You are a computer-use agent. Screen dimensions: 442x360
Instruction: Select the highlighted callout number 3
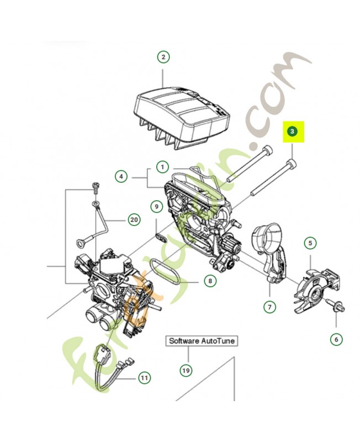pos(293,132)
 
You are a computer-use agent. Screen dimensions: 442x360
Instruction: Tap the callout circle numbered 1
pos(163,166)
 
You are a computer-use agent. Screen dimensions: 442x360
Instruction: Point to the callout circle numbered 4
pos(121,177)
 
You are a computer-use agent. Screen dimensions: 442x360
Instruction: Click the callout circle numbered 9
pos(157,207)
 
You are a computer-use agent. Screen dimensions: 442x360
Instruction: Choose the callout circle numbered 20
pos(133,219)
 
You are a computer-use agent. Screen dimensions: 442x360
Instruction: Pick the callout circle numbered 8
pos(210,281)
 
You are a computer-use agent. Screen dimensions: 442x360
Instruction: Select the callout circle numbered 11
pos(144,378)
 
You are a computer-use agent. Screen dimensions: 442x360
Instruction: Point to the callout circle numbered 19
pos(186,370)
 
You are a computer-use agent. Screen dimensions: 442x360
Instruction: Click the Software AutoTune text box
pos(202,341)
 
